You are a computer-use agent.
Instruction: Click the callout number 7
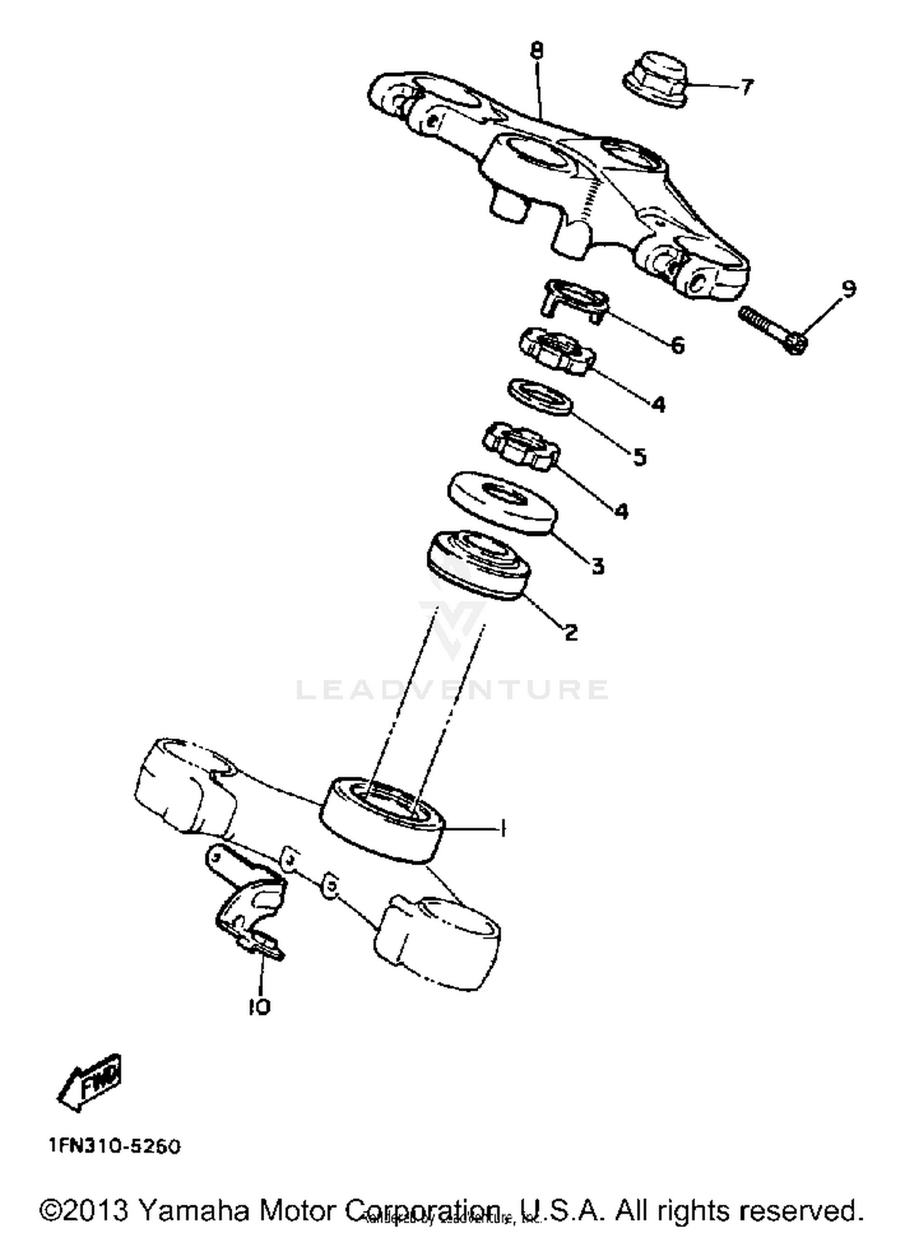pyautogui.click(x=747, y=87)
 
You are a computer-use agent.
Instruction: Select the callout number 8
pyautogui.click(x=537, y=50)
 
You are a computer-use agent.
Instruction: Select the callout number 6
pyautogui.click(x=678, y=345)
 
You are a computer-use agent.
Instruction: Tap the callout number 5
pyautogui.click(x=640, y=456)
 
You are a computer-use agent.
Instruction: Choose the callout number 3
pyautogui.click(x=597, y=566)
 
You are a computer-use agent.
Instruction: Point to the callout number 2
pyautogui.click(x=571, y=632)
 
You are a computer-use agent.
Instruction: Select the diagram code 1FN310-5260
pyautogui.click(x=115, y=1146)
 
